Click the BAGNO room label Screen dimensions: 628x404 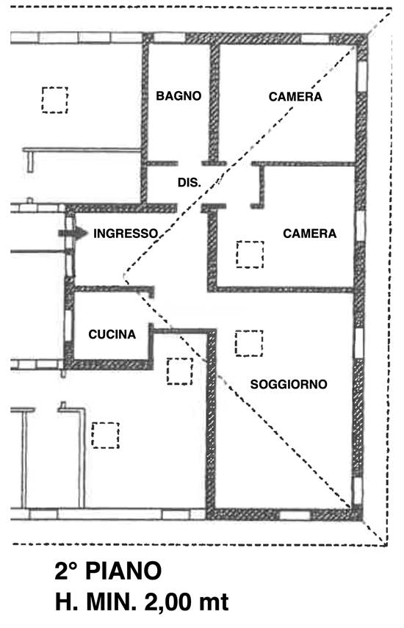178,96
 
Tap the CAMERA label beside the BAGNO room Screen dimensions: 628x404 295,96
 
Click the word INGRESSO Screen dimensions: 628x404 126,234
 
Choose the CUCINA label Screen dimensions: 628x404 112,334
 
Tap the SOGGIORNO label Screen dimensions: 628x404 288,384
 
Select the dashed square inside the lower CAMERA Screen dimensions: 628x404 250,254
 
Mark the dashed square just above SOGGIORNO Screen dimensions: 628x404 249,343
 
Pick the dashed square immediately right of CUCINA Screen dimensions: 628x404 178,371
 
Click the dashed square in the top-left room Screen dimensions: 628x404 54,100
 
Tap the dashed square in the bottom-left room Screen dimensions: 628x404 105,434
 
